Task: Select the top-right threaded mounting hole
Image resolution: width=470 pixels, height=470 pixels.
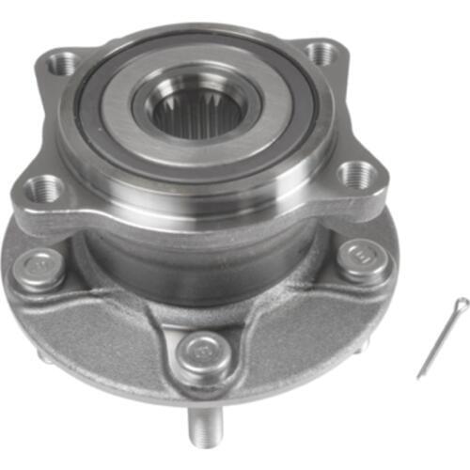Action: point(321,52)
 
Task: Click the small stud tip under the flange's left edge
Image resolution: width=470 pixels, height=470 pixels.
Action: point(43,354)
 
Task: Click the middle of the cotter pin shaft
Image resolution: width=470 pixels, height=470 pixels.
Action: point(440,338)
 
